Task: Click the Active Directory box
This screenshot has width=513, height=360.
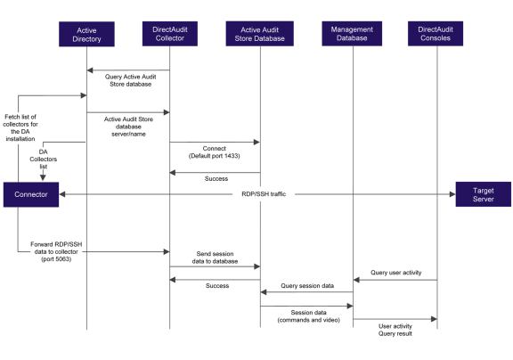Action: click(86, 35)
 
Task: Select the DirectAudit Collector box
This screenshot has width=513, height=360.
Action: click(170, 35)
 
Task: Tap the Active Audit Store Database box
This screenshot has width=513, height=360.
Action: click(260, 35)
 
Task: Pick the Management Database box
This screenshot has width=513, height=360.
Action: click(353, 35)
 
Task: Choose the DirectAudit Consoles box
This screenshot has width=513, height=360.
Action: click(436, 35)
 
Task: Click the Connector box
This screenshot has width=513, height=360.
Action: click(31, 193)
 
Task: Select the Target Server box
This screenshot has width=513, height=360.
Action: click(483, 193)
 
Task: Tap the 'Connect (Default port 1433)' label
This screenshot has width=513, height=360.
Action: click(215, 151)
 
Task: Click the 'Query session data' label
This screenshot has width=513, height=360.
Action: click(306, 285)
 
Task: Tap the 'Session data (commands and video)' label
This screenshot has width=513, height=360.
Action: click(306, 318)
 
